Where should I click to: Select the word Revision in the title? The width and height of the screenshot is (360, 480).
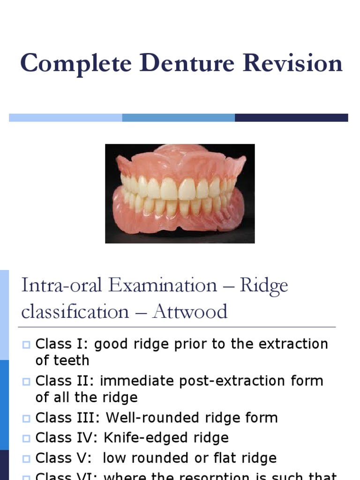pyautogui.click(x=289, y=63)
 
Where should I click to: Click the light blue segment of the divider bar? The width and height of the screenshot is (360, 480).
pyautogui.click(x=65, y=118)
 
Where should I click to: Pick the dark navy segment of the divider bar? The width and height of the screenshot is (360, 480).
pyautogui.click(x=291, y=118)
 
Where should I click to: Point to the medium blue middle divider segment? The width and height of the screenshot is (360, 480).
pyautogui.click(x=178, y=118)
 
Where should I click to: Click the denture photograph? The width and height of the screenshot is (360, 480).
pyautogui.click(x=180, y=193)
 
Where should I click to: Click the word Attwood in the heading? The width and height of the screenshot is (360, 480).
pyautogui.click(x=190, y=312)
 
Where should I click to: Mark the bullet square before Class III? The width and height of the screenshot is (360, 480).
pyautogui.click(x=26, y=419)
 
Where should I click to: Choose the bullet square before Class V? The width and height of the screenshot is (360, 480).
pyautogui.click(x=26, y=459)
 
